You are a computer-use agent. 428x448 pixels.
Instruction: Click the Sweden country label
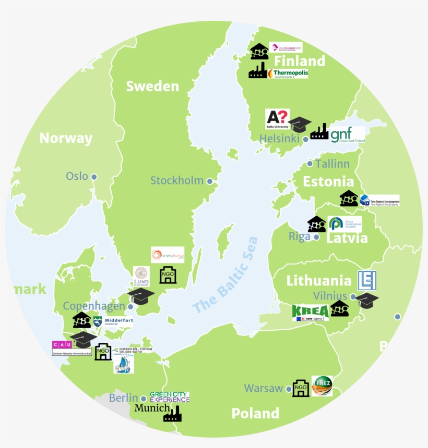coord(152,86)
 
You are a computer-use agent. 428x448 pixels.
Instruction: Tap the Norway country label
coord(66,138)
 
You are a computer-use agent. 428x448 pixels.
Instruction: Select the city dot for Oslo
coord(94,177)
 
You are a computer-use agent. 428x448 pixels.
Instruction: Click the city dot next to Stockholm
coord(210,181)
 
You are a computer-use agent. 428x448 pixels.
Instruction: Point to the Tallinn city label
coord(332,164)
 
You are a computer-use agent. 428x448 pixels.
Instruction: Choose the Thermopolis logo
coord(288,73)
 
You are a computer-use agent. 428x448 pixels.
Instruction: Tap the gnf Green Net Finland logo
coord(348,134)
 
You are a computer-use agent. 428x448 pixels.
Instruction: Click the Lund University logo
coord(141,277)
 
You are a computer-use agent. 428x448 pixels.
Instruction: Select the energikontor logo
coord(167,255)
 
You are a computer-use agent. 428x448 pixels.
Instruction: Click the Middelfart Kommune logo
coord(112,321)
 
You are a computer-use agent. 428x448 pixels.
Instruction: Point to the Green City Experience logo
coord(170,397)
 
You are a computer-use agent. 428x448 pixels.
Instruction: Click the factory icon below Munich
coord(172,415)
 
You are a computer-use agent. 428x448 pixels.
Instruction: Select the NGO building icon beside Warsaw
coord(301,388)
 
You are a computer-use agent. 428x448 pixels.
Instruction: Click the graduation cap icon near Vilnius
coord(367,300)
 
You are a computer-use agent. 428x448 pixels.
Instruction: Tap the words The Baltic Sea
coord(225,276)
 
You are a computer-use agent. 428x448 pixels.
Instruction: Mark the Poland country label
coord(255,414)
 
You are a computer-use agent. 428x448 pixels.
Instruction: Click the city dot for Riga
coord(316,237)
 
